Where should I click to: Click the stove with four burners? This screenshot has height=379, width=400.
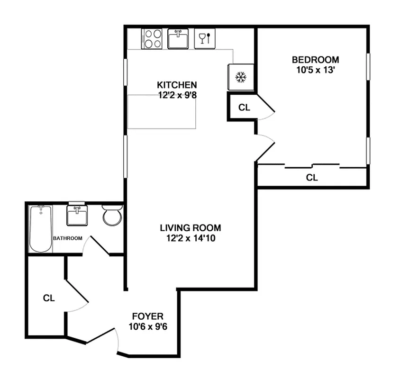pyautogui.click(x=152, y=38)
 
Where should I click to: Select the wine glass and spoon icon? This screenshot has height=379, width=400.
pyautogui.click(x=205, y=38)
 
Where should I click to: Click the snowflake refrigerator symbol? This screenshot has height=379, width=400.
pyautogui.click(x=241, y=77)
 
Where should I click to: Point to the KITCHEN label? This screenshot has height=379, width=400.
pyautogui.click(x=177, y=85)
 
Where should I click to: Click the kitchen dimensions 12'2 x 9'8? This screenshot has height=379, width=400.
pyautogui.click(x=177, y=94)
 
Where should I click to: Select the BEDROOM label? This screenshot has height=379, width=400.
pyautogui.click(x=315, y=60)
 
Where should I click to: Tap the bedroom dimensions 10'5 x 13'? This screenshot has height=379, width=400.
pyautogui.click(x=315, y=70)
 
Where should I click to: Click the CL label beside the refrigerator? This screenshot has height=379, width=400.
pyautogui.click(x=244, y=108)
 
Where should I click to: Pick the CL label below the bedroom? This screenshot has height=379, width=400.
pyautogui.click(x=311, y=178)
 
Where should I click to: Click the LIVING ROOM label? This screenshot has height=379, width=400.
pyautogui.click(x=190, y=228)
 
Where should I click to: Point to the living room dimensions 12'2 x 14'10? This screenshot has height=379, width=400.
pyautogui.click(x=190, y=238)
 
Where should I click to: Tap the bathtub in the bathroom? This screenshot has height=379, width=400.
pyautogui.click(x=41, y=229)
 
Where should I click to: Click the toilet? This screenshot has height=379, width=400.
pyautogui.click(x=113, y=216)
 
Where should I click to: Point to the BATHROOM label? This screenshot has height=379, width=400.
pyautogui.click(x=67, y=238)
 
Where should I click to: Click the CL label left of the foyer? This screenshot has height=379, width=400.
pyautogui.click(x=49, y=298)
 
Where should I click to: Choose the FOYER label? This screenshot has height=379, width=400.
pyautogui.click(x=147, y=316)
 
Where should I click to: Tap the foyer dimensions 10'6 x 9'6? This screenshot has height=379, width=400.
pyautogui.click(x=147, y=326)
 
